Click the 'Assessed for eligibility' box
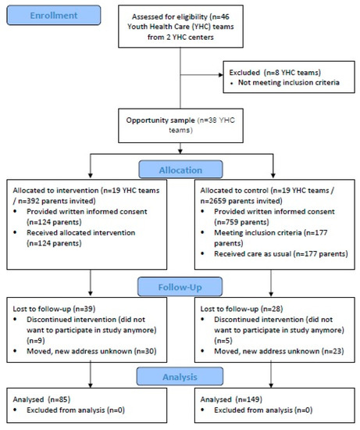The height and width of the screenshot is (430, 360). [181, 25]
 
